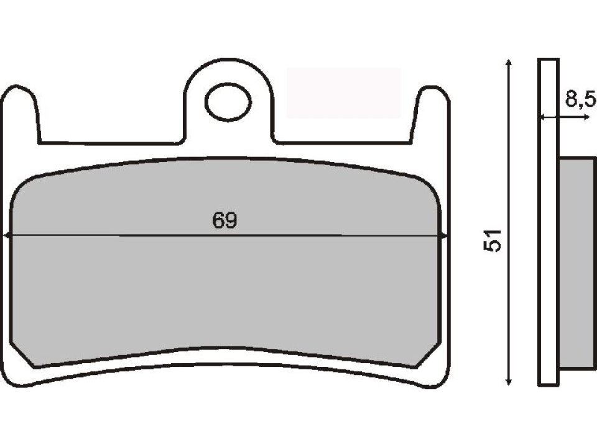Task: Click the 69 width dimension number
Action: click(x=225, y=222)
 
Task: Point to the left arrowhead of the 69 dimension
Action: click(x=7, y=235)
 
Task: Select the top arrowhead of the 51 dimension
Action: click(x=509, y=63)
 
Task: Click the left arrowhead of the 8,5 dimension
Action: click(x=542, y=117)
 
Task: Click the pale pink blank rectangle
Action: click(x=343, y=93)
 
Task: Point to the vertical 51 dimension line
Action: click(x=509, y=155)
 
